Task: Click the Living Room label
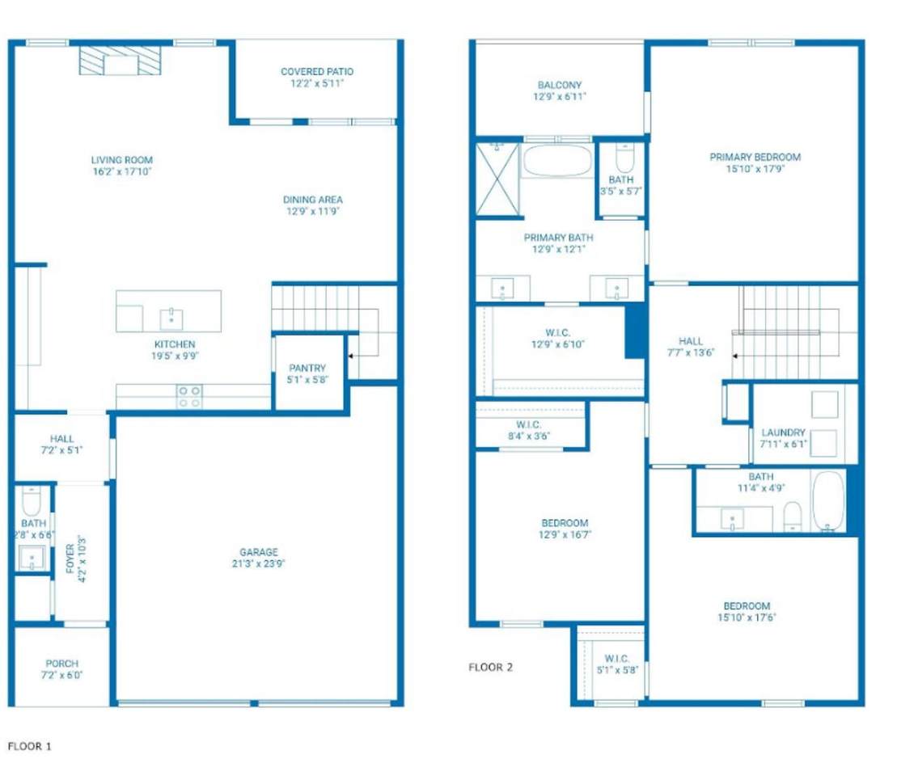[122, 160]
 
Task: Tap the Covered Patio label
[317, 71]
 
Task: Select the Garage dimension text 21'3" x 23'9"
[259, 564]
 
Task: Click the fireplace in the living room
[121, 61]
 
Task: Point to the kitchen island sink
[171, 318]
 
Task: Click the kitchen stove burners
[188, 396]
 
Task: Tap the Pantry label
[307, 368]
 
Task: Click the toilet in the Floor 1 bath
[31, 501]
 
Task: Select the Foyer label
[70, 559]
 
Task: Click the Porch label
[61, 664]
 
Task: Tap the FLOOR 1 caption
[29, 746]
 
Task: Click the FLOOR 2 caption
[490, 668]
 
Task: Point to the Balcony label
[560, 85]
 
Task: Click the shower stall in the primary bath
[497, 179]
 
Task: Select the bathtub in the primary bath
[558, 160]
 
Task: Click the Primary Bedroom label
[755, 158]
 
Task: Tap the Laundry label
[783, 433]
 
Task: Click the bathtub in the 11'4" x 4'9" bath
[828, 501]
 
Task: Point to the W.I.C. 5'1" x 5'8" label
[616, 664]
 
